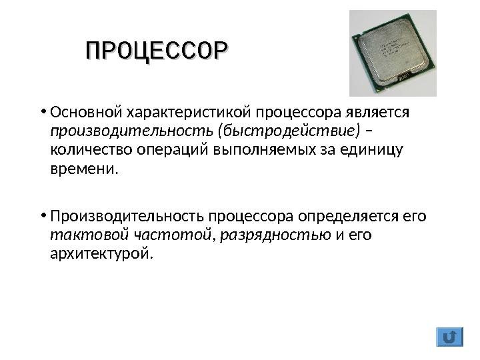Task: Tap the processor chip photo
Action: pyautogui.click(x=393, y=53)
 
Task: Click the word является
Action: pyautogui.click(x=382, y=111)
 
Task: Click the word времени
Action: pyautogui.click(x=83, y=168)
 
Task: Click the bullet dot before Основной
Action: pyautogui.click(x=41, y=111)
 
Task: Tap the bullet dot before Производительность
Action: pyautogui.click(x=41, y=216)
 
